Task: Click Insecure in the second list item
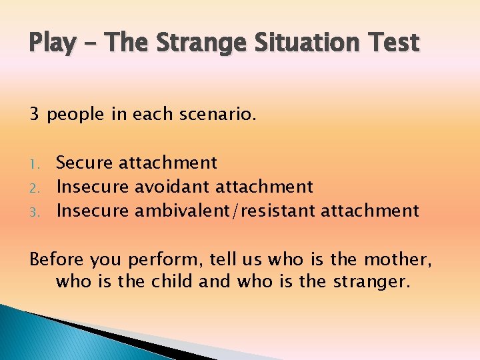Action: [93, 187]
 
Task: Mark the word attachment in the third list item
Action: [370, 211]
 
